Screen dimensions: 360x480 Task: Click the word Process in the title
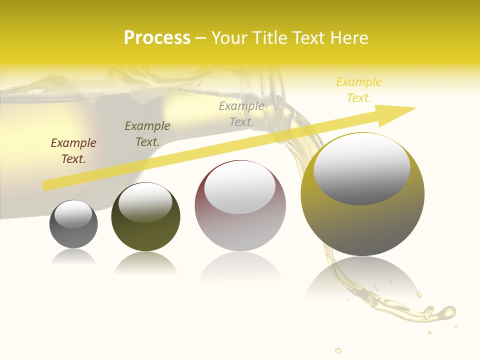[x=157, y=38]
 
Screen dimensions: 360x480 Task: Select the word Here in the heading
[x=348, y=38]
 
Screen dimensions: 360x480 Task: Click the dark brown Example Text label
[x=73, y=151]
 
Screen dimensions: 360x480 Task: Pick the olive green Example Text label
[x=147, y=134]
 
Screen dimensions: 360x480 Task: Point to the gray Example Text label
[x=241, y=113]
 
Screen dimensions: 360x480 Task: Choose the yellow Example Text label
[x=359, y=90]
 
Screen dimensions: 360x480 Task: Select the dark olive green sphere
[x=145, y=235]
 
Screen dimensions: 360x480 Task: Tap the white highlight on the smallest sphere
[x=73, y=214]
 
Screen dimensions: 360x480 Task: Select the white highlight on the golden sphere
[x=362, y=168]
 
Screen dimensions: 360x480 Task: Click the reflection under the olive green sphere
[x=145, y=262]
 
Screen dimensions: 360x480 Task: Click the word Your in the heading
[x=229, y=38]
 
